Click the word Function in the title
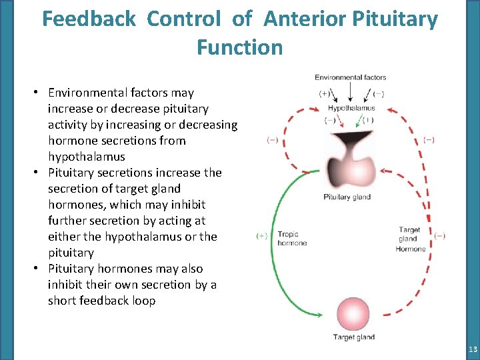[x=240, y=47]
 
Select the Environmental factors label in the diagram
[x=351, y=77]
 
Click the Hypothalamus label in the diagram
[x=351, y=108]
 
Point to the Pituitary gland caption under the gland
[x=347, y=197]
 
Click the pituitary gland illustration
[x=347, y=160]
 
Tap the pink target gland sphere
[x=353, y=314]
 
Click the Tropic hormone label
[x=292, y=239]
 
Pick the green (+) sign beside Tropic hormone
[x=262, y=236]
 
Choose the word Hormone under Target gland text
[x=411, y=249]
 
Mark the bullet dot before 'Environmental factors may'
[x=41, y=93]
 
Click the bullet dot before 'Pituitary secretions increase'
[x=41, y=173]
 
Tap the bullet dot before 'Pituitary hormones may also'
[x=41, y=269]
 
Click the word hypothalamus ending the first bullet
[x=87, y=157]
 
